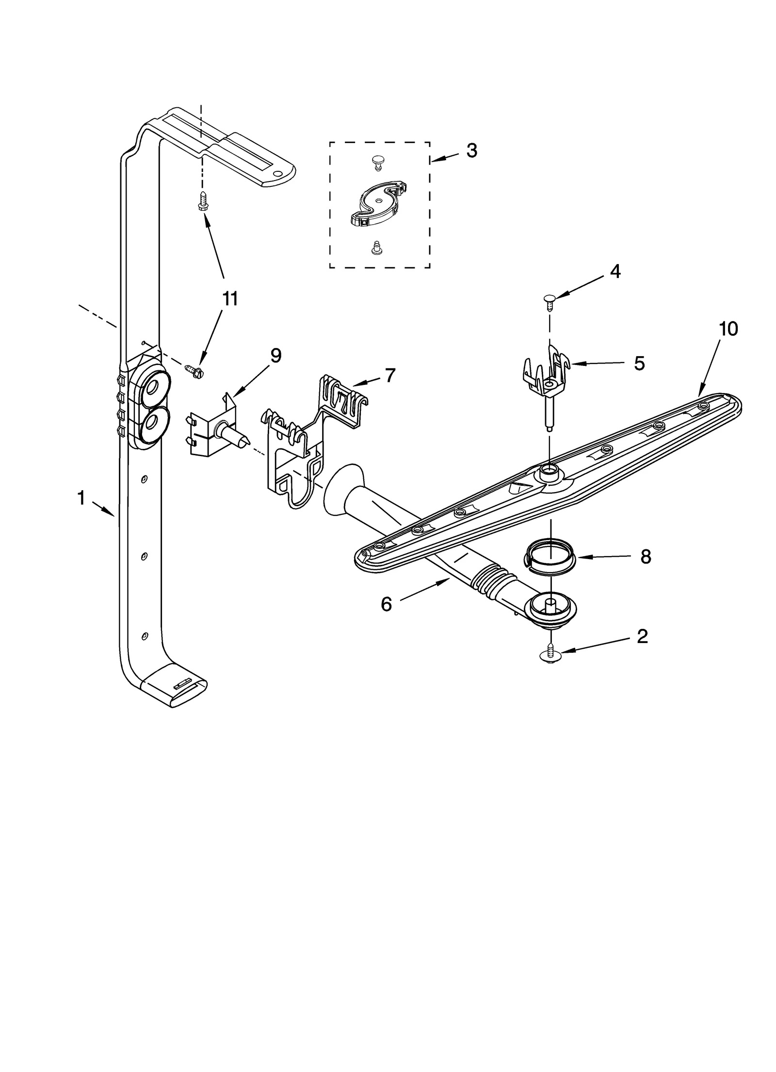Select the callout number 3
pyautogui.click(x=471, y=151)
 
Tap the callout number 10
pyautogui.click(x=728, y=329)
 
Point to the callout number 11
pyautogui.click(x=230, y=299)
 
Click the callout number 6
pyautogui.click(x=386, y=605)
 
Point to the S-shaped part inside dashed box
pyautogui.click(x=378, y=204)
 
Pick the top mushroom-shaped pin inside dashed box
pyautogui.click(x=377, y=162)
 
